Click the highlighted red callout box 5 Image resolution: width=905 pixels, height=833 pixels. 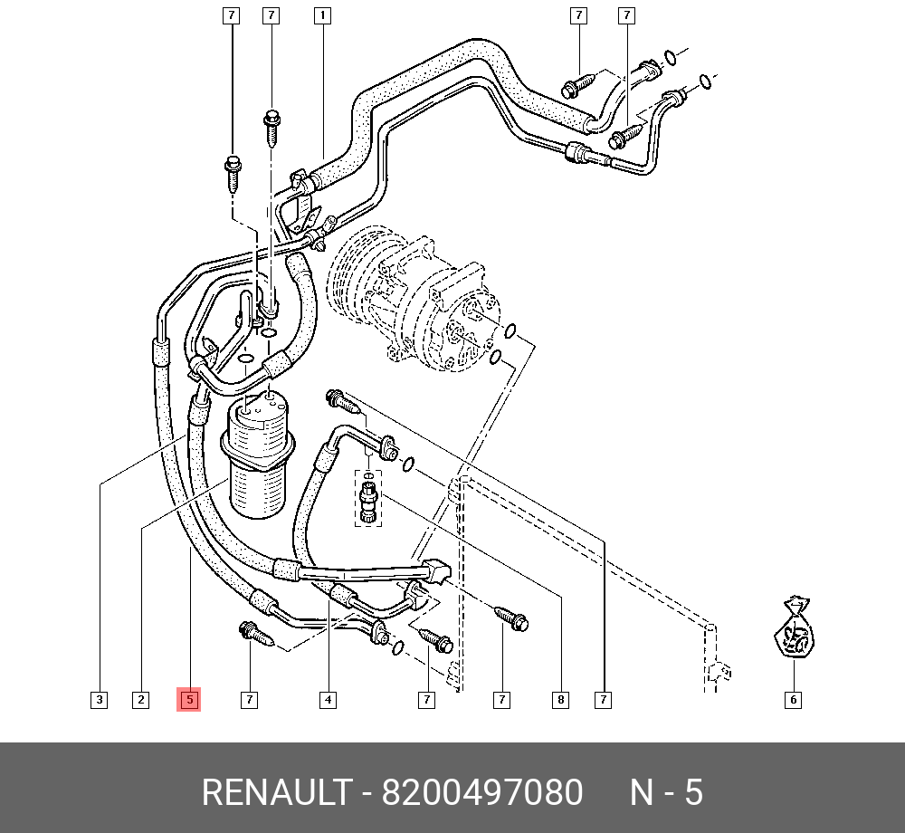pos(189,699)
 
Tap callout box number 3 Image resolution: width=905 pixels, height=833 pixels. pos(99,699)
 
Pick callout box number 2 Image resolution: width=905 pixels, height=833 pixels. pos(140,699)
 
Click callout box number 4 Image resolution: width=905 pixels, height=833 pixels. pos(328,699)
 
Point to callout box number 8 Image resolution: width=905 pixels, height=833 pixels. pos(561,699)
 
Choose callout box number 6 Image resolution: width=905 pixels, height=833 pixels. pos(793,699)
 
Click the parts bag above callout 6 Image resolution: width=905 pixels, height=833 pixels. pos(795,628)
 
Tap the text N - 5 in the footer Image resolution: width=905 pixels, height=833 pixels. pos(666,793)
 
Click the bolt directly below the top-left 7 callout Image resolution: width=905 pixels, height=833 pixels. pos(232,171)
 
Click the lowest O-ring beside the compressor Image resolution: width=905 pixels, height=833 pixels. pos(495,359)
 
